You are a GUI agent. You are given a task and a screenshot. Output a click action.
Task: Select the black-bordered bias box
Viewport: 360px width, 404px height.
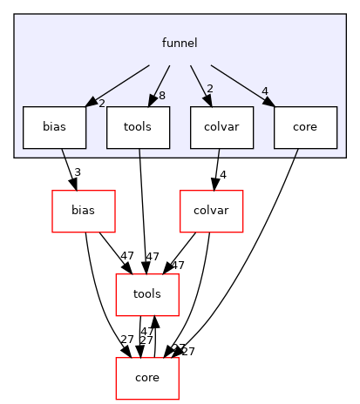pyautogui.click(x=54, y=127)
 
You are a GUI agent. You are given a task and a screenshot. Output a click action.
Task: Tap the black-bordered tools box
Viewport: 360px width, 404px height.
pyautogui.click(x=138, y=127)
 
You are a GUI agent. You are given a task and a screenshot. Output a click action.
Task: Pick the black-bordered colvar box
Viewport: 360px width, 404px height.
pyautogui.click(x=221, y=127)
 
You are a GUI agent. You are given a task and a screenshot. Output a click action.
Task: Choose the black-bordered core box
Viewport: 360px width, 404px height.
pyautogui.click(x=305, y=127)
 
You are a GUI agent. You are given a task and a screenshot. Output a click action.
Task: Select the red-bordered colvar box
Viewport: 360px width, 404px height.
pyautogui.click(x=210, y=211)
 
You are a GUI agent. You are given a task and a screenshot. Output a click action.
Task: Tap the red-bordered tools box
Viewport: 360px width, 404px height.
pyautogui.click(x=148, y=294)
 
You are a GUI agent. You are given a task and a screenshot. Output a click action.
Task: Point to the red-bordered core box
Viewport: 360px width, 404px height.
pyautogui.click(x=148, y=378)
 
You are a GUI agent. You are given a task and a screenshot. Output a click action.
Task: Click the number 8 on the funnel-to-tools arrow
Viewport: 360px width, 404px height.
pyautogui.click(x=163, y=94)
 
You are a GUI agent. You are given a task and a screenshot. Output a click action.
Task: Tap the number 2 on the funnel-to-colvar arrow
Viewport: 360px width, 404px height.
pyautogui.click(x=209, y=88)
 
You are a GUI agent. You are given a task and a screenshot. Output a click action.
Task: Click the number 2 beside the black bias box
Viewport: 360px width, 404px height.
pyautogui.click(x=102, y=104)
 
